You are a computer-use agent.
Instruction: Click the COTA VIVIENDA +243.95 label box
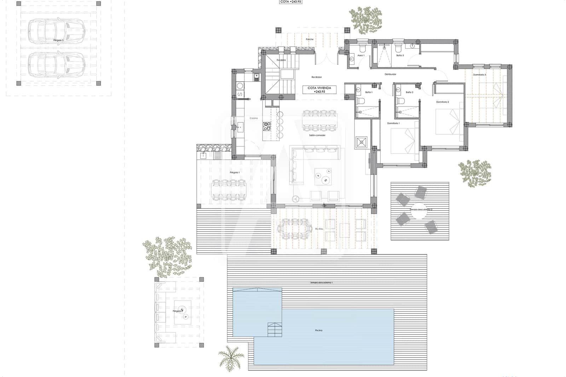(x=319, y=89)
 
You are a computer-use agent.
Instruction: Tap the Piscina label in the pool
(x=318, y=330)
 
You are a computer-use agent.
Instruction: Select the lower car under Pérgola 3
(x=57, y=65)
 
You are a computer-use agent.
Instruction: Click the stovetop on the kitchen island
(x=267, y=126)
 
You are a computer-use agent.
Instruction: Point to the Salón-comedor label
(x=317, y=135)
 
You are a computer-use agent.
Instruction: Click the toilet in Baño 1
(x=361, y=101)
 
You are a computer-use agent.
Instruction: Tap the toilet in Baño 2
(x=401, y=101)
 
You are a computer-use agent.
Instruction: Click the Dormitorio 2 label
(x=442, y=102)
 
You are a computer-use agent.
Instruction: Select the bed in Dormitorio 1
(x=404, y=140)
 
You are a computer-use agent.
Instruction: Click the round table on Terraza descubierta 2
(x=418, y=210)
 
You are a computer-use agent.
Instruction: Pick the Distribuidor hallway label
(x=391, y=74)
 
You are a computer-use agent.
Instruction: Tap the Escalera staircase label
(x=281, y=60)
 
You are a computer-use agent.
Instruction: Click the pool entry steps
(x=275, y=330)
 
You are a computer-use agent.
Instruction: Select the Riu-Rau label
(x=319, y=229)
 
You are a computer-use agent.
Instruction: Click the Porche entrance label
(x=310, y=39)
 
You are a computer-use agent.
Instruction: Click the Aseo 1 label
(x=361, y=56)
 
